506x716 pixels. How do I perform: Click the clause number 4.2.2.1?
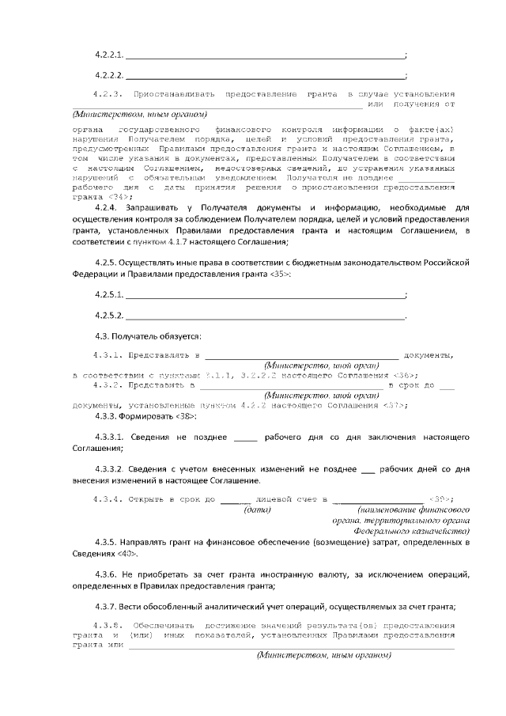pos(109,55)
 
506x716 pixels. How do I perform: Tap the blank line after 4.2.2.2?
pos(265,77)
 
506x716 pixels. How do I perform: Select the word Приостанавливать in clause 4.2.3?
pos(176,94)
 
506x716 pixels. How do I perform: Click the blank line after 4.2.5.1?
pos(265,295)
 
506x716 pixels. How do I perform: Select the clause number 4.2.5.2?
pos(109,316)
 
